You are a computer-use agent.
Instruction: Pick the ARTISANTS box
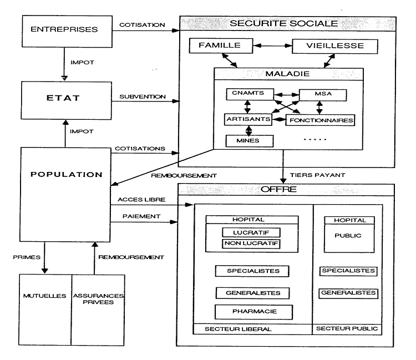click(x=248, y=119)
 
